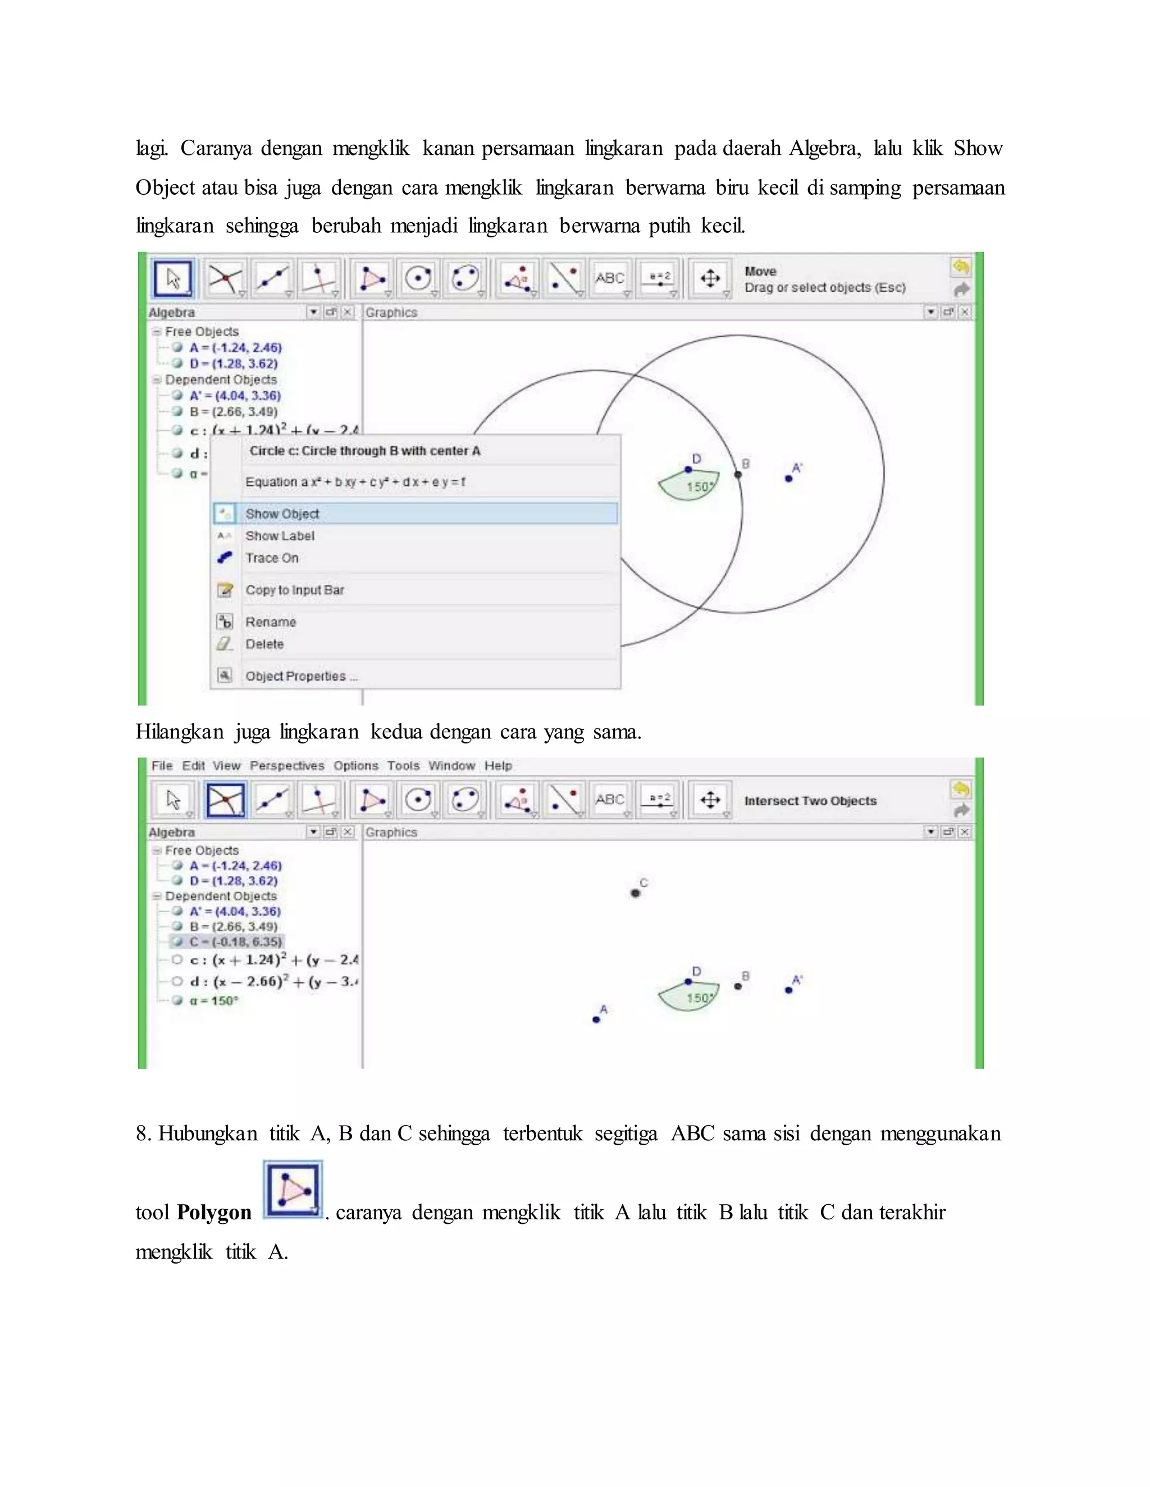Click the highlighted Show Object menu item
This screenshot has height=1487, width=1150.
(x=282, y=513)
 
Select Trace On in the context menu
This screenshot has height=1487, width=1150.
(x=272, y=558)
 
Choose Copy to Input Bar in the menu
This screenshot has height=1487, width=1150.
(x=294, y=590)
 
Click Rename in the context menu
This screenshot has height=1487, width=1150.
(x=271, y=622)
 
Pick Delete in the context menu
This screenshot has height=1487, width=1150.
(x=264, y=644)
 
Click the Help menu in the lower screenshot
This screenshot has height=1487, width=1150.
(x=498, y=765)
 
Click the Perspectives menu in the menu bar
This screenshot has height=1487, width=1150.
(x=287, y=765)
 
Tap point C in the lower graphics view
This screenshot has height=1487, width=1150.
(x=635, y=893)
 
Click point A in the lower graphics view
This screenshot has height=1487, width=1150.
(x=596, y=1019)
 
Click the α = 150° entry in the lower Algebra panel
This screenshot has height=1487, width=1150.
(x=214, y=1000)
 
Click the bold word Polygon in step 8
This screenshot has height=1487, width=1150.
(x=214, y=1213)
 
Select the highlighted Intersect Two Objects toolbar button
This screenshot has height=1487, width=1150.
(x=226, y=799)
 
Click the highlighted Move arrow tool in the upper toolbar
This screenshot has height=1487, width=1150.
(x=173, y=278)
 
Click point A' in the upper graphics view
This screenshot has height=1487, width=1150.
(x=788, y=479)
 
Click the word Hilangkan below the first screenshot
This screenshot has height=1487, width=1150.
(x=179, y=732)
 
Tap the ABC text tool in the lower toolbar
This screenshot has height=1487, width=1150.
(x=610, y=799)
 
